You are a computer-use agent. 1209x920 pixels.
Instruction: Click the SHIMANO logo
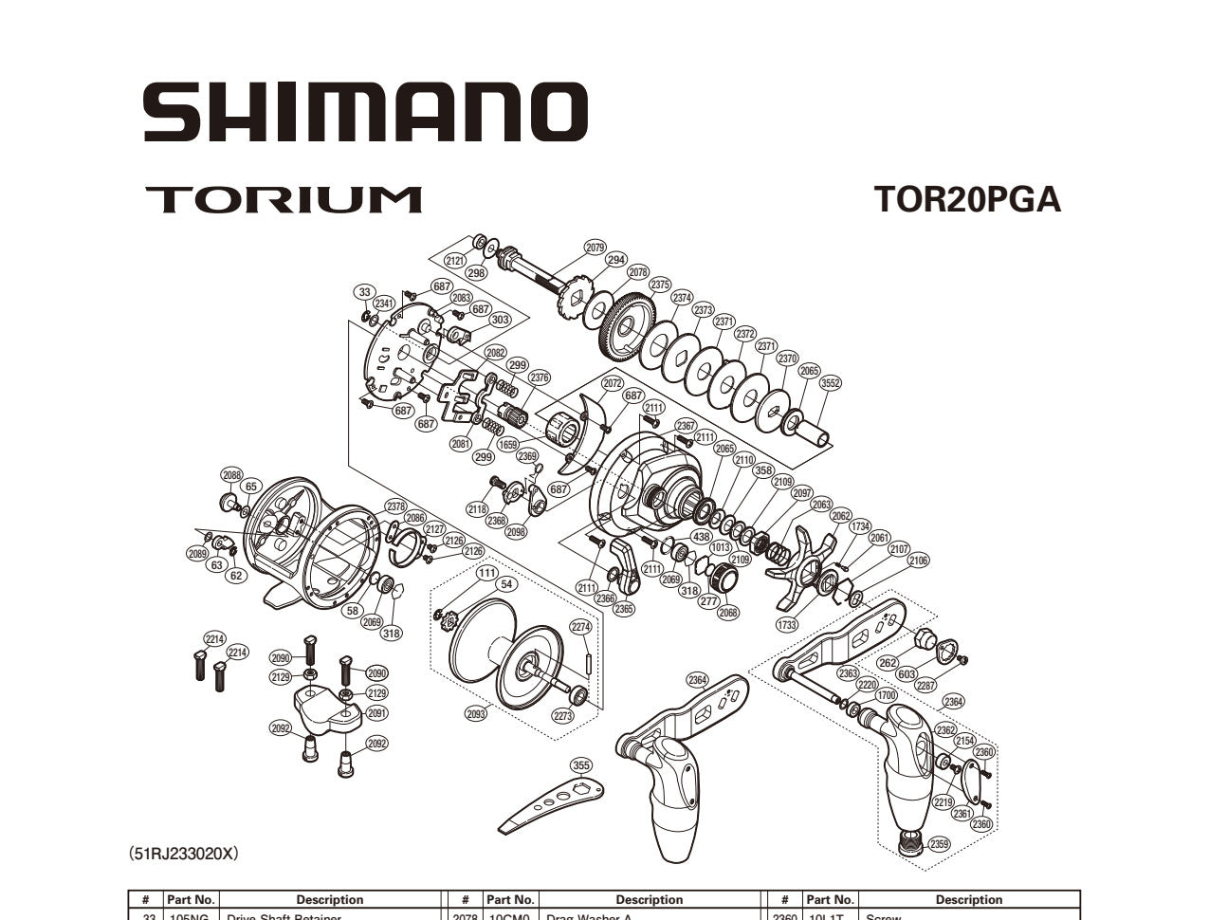tap(365, 111)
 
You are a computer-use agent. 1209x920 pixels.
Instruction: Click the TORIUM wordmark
tap(283, 199)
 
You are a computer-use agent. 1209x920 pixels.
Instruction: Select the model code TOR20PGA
tap(966, 199)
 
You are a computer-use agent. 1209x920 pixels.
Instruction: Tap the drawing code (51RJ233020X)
tap(184, 854)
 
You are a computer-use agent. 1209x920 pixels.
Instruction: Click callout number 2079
tap(595, 248)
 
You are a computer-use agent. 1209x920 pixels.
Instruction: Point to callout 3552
tap(831, 383)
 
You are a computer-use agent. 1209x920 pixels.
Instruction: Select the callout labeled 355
tap(581, 765)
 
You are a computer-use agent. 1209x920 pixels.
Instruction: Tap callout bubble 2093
tap(477, 713)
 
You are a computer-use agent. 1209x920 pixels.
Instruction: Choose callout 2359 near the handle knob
tap(939, 844)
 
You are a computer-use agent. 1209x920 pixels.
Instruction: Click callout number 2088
tap(232, 474)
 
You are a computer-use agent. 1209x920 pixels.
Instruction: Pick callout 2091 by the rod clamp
tap(376, 713)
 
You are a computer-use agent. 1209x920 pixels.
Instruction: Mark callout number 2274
tap(580, 627)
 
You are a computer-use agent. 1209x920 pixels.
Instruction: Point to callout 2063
tap(821, 505)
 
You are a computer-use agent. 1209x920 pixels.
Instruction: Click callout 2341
tap(384, 304)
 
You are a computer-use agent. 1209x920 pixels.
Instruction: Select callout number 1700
tap(886, 695)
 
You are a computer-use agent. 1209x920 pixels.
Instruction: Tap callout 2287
tap(925, 685)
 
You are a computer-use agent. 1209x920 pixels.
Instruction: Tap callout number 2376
tap(540, 377)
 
